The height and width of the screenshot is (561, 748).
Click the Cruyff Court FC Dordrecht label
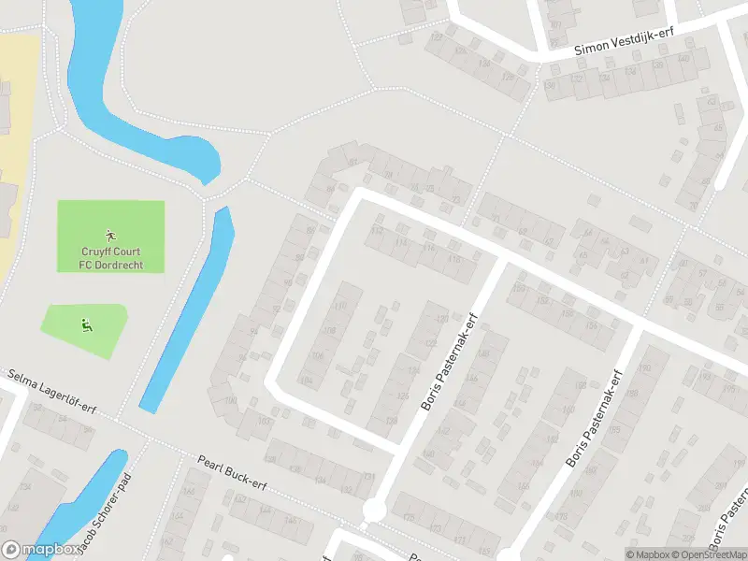tap(110, 257)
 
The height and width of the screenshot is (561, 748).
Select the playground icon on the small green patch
tap(86, 325)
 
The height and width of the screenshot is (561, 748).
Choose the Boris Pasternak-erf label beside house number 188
tap(594, 420)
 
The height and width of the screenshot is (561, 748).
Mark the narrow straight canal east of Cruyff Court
tap(187, 309)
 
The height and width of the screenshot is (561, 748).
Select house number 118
tap(455, 258)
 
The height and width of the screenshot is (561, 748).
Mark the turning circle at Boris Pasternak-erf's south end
tap(375, 510)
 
